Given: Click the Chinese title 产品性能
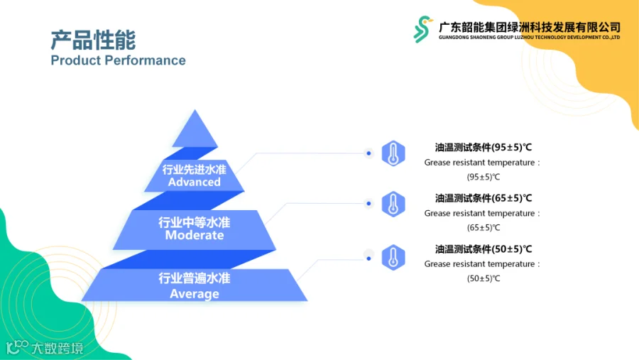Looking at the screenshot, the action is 93,40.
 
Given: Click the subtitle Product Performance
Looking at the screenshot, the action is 118,60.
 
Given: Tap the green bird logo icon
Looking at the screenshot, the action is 422,29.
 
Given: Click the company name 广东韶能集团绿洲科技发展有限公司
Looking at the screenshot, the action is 530,27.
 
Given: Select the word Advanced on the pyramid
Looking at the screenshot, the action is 195,182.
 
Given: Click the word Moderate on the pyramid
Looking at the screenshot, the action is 195,235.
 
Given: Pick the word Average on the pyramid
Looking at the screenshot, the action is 195,293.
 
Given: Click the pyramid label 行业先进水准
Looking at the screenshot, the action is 195,169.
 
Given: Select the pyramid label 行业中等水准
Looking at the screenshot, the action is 195,222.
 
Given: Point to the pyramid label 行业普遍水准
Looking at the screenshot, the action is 195,278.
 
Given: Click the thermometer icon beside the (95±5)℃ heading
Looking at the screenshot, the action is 393,153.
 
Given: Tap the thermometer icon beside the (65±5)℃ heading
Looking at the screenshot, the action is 393,204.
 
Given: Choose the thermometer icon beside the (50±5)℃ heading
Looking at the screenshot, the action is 393,257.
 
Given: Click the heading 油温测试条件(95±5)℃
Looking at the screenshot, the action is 484,147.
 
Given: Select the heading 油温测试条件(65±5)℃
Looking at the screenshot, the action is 484,198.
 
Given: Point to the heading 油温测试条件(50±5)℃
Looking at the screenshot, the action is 484,249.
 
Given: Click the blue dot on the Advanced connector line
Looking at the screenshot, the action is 368,153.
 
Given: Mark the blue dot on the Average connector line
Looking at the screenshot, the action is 368,258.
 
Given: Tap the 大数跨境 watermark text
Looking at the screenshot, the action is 57,348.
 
